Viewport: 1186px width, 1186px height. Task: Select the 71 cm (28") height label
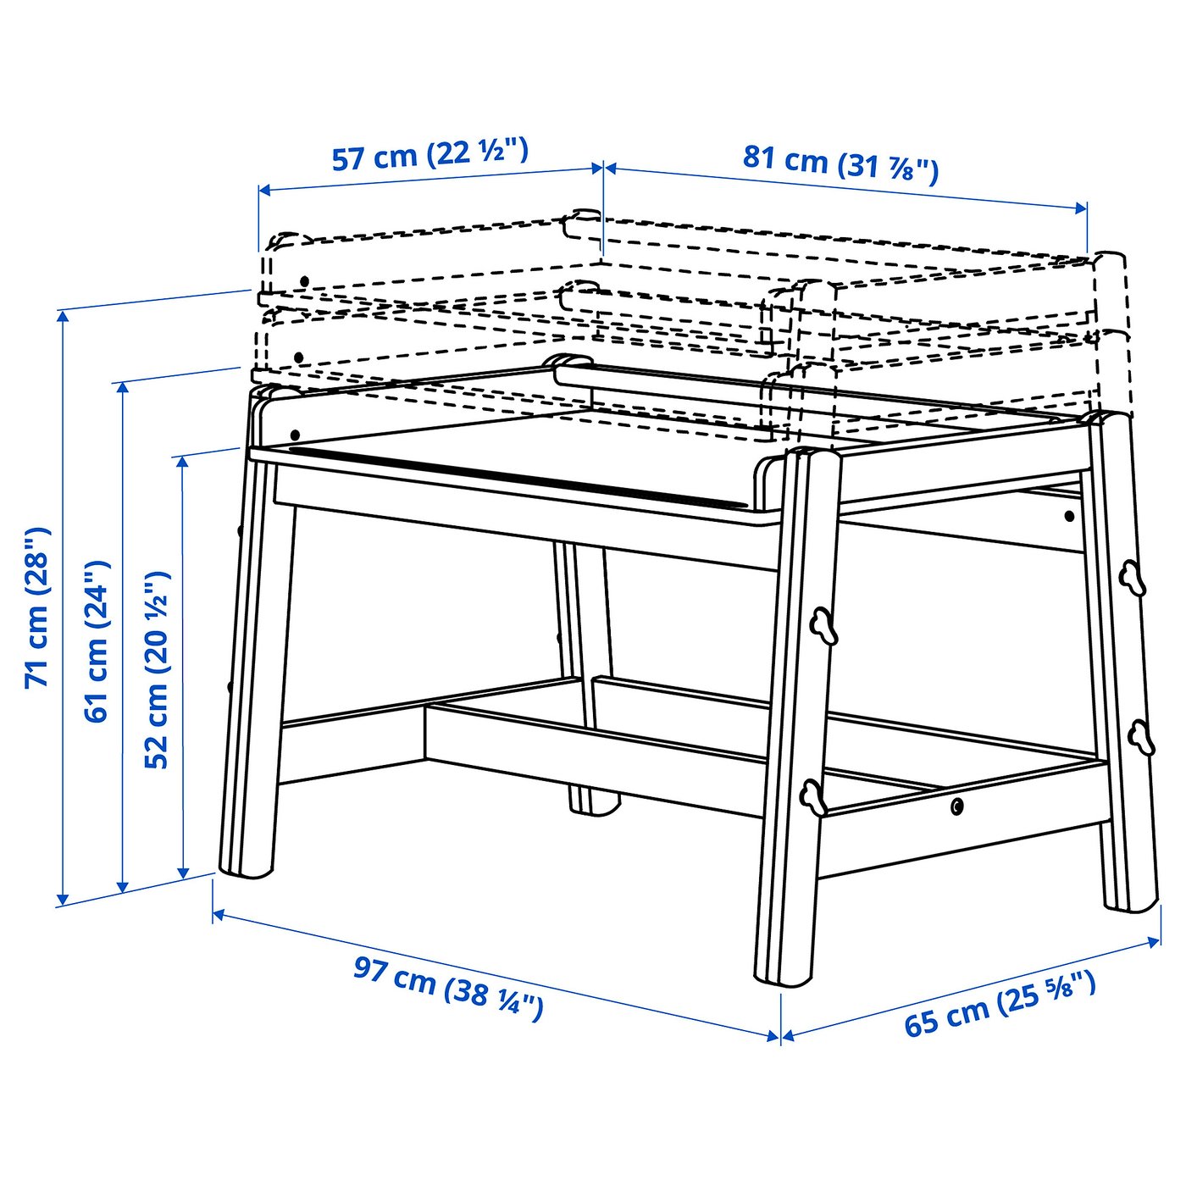pos(38,607)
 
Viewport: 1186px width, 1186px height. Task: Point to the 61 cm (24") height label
pos(97,640)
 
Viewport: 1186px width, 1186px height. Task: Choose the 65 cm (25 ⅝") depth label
pos(1000,1005)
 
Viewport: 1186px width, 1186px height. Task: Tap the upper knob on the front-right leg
pos(821,625)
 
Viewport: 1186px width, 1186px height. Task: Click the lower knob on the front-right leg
pos(812,796)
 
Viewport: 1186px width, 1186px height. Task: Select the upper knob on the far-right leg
pos(1131,579)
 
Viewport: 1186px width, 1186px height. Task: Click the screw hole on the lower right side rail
pos(956,806)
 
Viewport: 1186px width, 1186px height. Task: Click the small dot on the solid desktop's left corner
pos(295,435)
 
